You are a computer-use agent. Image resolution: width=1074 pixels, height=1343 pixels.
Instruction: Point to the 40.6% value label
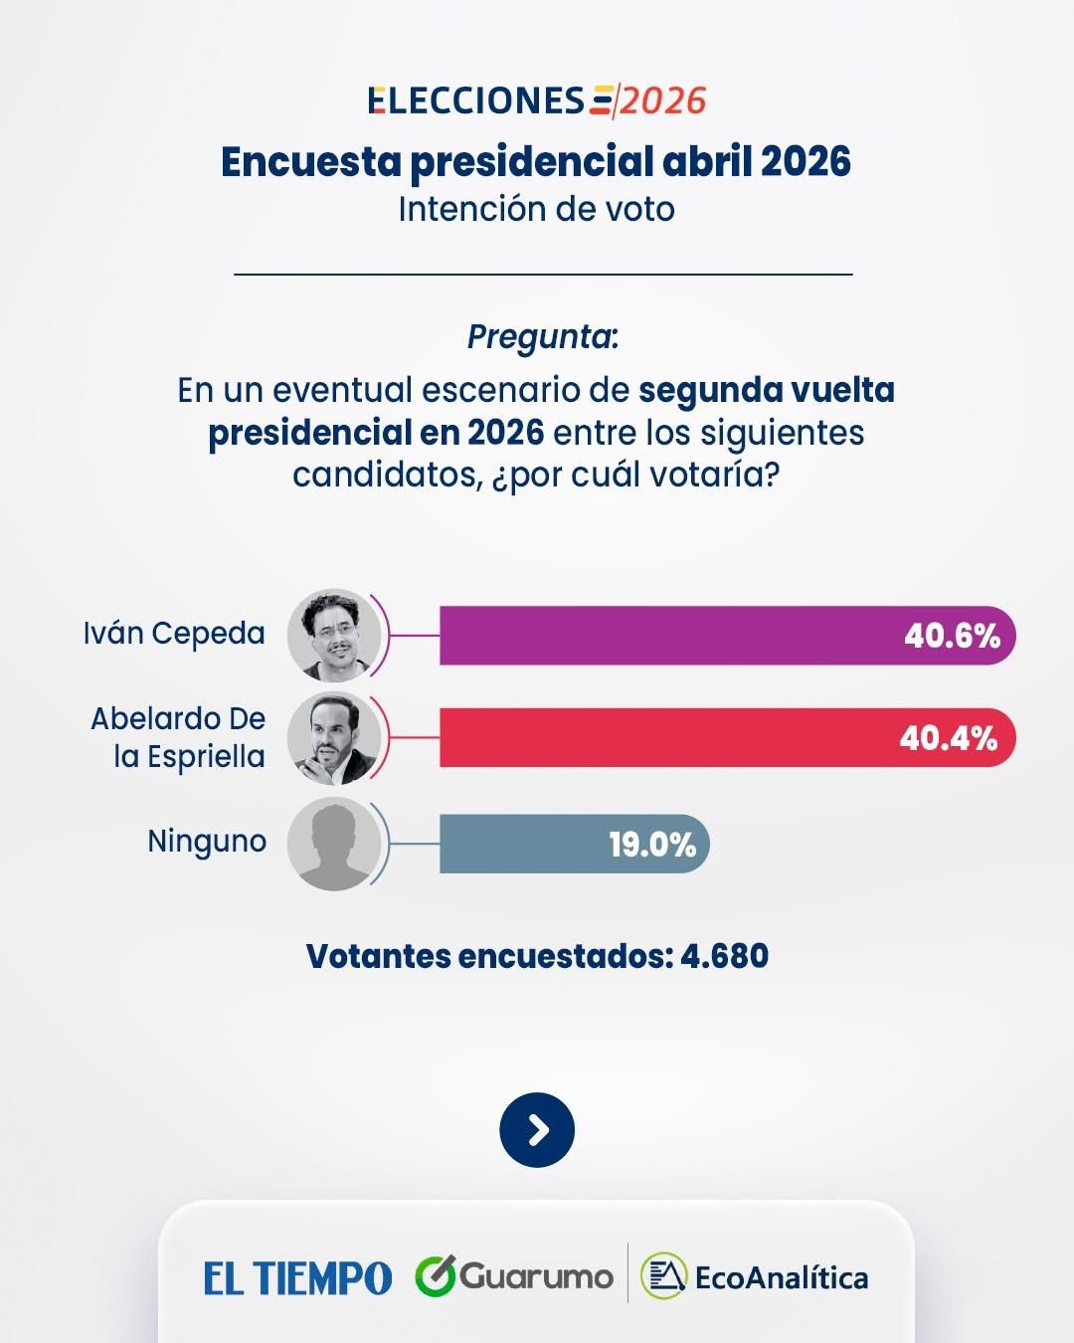pos(952,636)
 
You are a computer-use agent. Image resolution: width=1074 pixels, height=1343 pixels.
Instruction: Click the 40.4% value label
pos(948,738)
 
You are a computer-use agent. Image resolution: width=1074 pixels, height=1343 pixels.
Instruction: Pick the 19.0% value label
pos(652,845)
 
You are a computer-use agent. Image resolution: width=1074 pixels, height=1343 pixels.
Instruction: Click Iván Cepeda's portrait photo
pos(334,636)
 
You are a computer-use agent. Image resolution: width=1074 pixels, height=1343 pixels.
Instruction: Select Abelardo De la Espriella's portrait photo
pos(334,738)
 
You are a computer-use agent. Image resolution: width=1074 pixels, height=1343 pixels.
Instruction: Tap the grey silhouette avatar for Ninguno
pos(334,844)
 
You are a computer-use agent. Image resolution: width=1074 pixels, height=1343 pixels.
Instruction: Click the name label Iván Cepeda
pos(174,634)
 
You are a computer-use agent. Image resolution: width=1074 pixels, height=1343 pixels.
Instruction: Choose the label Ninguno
pos(207,842)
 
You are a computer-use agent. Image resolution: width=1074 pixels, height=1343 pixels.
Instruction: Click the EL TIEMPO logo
pos(297,1278)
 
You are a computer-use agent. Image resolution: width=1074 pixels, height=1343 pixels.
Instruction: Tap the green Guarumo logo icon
pos(435,1276)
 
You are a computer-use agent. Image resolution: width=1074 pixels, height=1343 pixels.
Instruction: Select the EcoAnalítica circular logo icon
pos(663,1276)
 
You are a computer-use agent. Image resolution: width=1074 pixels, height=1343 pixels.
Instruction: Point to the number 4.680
pos(724,956)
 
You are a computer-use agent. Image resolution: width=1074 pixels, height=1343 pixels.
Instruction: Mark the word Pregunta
pos(542,337)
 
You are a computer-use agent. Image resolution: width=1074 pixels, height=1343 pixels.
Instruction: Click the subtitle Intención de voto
pos(536,209)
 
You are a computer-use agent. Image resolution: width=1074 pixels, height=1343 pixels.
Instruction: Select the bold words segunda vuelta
pos(766,390)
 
